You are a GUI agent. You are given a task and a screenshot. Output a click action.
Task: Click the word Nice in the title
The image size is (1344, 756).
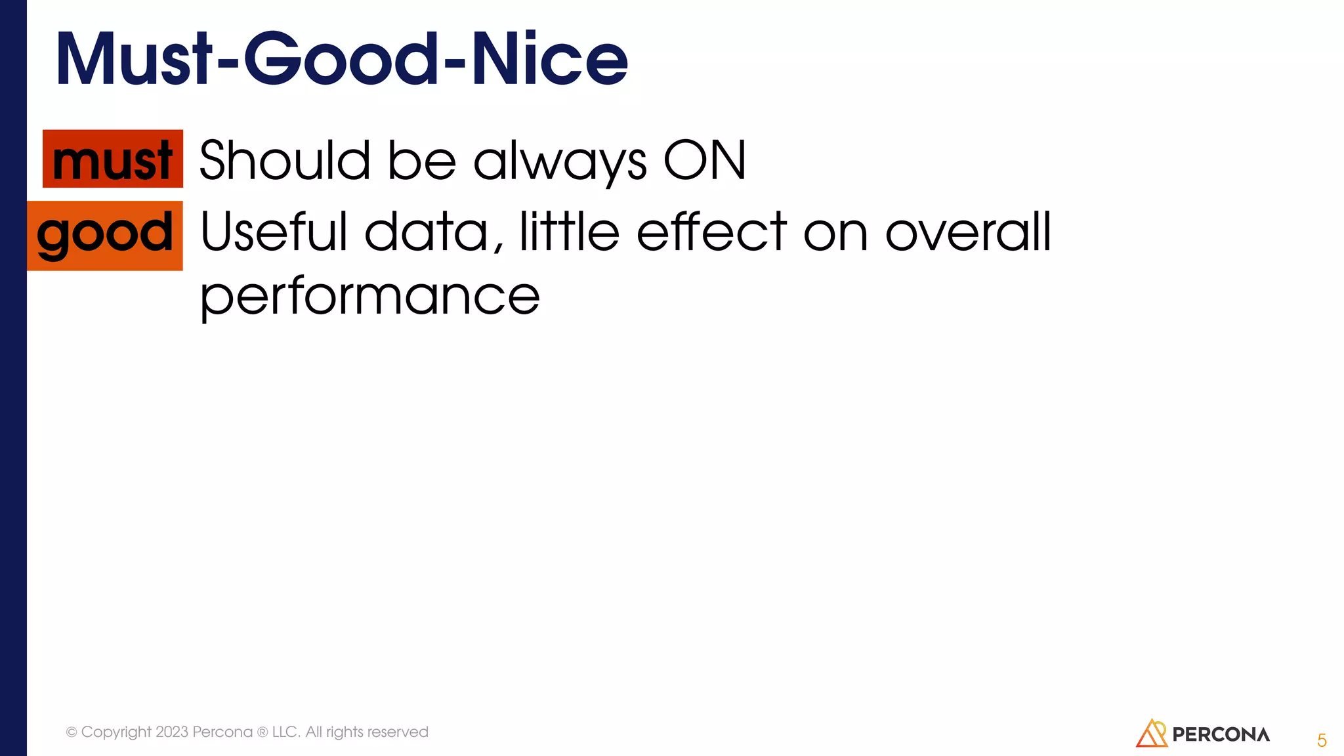[x=550, y=59]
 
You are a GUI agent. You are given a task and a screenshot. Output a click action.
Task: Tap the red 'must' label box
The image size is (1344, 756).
[x=113, y=159]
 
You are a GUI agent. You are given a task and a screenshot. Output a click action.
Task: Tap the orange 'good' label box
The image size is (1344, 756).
[x=105, y=235]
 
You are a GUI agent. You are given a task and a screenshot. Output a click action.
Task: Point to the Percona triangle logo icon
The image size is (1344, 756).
[x=1151, y=734]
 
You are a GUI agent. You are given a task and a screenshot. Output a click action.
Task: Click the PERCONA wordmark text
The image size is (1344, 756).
[x=1221, y=734]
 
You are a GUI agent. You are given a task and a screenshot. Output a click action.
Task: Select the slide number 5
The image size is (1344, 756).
[x=1322, y=740]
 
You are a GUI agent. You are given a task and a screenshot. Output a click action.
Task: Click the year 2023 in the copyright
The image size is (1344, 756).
[x=171, y=732]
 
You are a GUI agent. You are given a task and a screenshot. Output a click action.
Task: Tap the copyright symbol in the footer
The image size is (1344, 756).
[x=72, y=732]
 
